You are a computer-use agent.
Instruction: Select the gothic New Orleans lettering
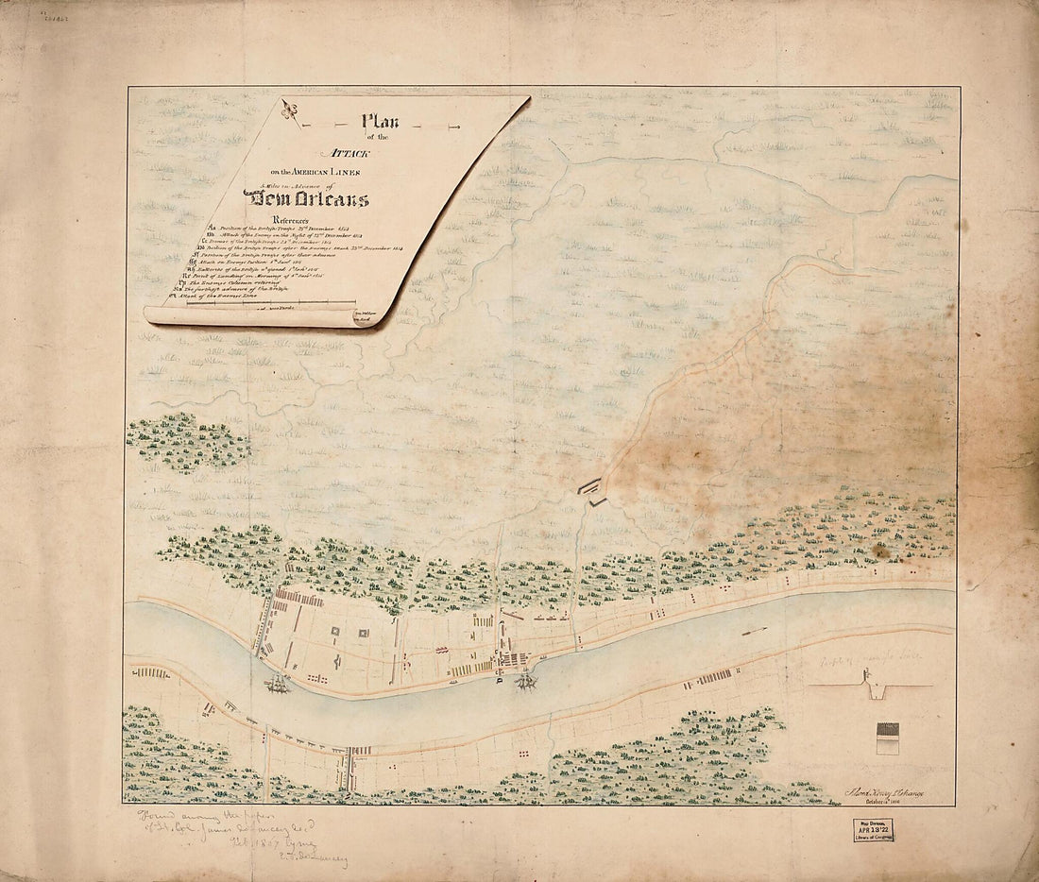click(x=306, y=199)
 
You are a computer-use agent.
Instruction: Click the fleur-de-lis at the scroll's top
click(x=291, y=113)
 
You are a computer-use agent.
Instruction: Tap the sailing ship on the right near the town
click(x=525, y=678)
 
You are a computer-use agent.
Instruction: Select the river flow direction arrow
click(x=754, y=631)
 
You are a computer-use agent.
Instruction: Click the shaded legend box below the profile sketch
click(x=888, y=738)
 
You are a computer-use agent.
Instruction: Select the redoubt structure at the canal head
click(x=592, y=490)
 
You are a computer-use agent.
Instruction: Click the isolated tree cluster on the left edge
click(x=186, y=441)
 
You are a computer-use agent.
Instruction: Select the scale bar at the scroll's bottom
click(x=264, y=305)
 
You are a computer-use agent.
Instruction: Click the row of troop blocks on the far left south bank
click(x=151, y=672)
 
